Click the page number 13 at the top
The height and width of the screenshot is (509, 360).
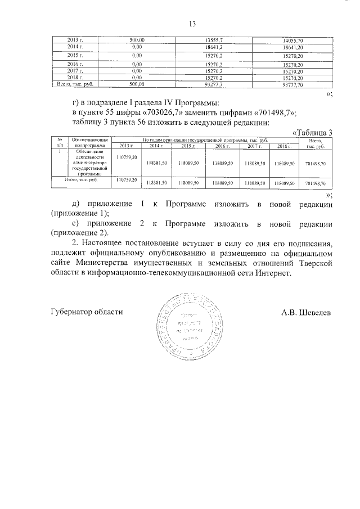coord(191,24)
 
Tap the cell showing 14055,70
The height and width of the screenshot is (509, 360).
coord(292,40)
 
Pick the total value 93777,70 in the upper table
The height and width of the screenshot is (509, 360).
coord(292,84)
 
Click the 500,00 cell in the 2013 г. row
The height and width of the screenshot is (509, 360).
coord(137,40)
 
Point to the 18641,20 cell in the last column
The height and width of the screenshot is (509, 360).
coord(292,48)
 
